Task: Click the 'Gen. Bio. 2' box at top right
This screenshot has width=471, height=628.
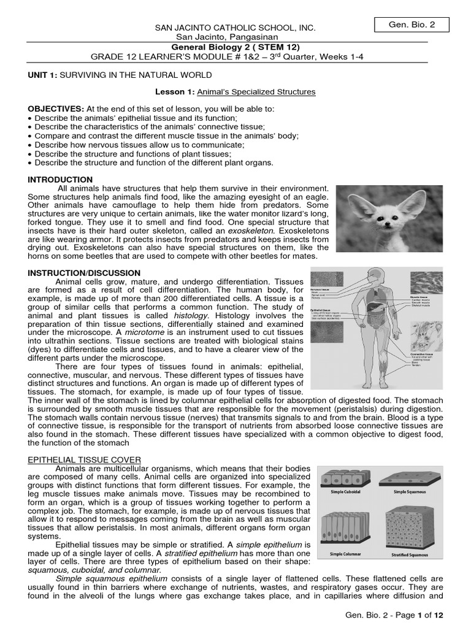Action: tap(412, 25)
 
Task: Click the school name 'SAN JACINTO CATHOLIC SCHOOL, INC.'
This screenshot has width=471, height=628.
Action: tap(236, 28)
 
